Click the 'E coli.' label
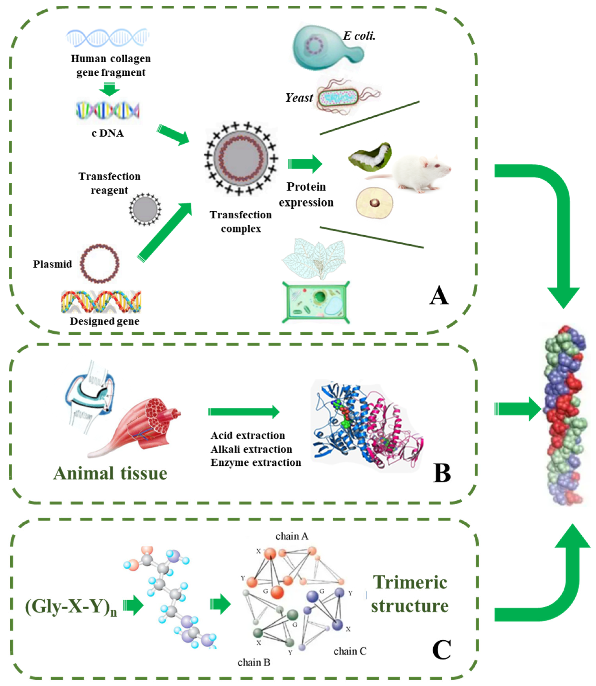(359, 36)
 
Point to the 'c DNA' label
(107, 133)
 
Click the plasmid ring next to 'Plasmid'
(100, 263)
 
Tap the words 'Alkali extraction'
(251, 449)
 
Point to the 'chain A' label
(292, 536)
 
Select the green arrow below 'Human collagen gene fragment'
(109, 89)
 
